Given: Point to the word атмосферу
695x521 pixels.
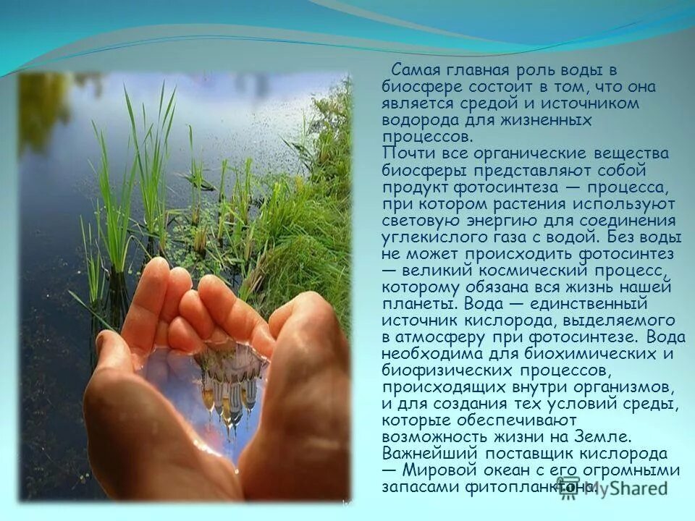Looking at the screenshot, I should [446, 336].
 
